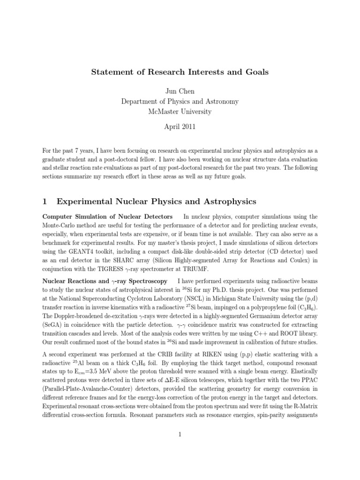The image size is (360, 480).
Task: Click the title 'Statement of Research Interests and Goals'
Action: pyautogui.click(x=180, y=72)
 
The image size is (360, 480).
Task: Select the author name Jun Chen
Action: pyautogui.click(x=180, y=90)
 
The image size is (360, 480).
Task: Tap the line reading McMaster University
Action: pyautogui.click(x=180, y=112)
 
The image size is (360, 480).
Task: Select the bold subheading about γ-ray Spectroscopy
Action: pyautogui.click(x=105, y=281)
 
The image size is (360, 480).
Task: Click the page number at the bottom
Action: pyautogui.click(x=180, y=435)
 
